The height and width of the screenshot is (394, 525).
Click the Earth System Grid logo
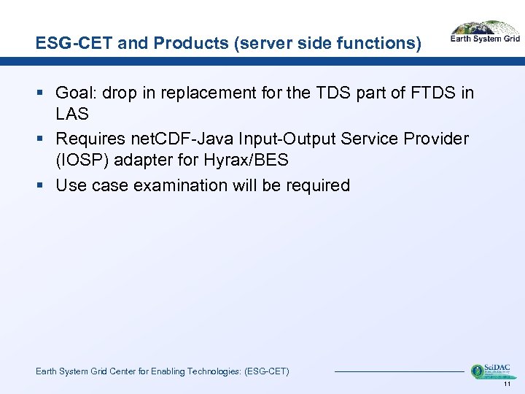tap(485, 32)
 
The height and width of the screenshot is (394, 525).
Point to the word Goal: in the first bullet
tap(77, 93)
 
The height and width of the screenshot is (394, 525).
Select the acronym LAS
tap(72, 114)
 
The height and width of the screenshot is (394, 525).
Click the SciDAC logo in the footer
tap(490, 371)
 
